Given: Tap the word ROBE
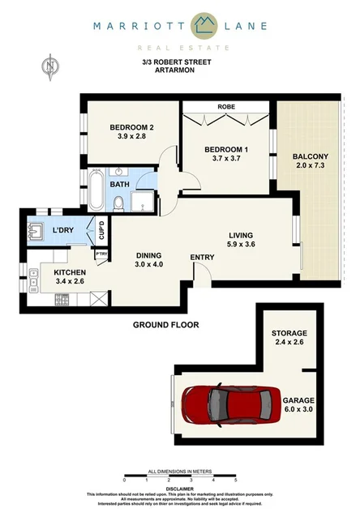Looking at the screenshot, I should pos(225,106).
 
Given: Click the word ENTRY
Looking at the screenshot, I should pos(201,258).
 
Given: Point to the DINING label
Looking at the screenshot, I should pos(151,254).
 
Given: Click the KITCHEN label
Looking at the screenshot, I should pos(69,272).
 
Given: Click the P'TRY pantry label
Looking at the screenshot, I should pos(101,254).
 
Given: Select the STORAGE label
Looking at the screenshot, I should pos(289,333).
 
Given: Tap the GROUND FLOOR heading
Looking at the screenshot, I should pos(166,325).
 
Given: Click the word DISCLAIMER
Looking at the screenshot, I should pos(180,489).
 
